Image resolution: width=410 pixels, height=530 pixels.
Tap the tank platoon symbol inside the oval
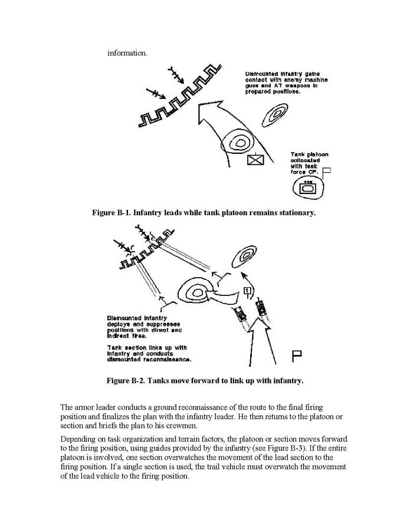(308, 189)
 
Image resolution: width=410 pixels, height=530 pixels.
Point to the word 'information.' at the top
(127, 53)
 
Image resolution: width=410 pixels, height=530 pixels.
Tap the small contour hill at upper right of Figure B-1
(273, 113)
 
